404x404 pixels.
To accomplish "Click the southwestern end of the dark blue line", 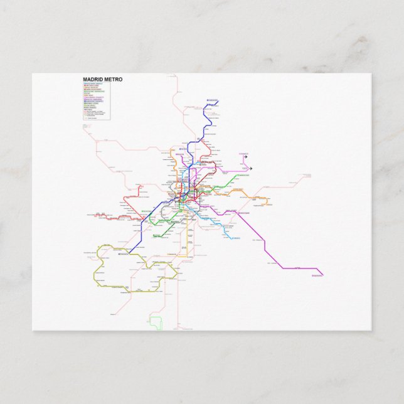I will coord(119,254).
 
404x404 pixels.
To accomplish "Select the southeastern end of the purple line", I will coord(321,273).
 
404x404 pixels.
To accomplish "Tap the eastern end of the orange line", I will coord(268,201).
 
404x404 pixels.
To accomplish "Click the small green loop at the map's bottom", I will coord(156,324).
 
